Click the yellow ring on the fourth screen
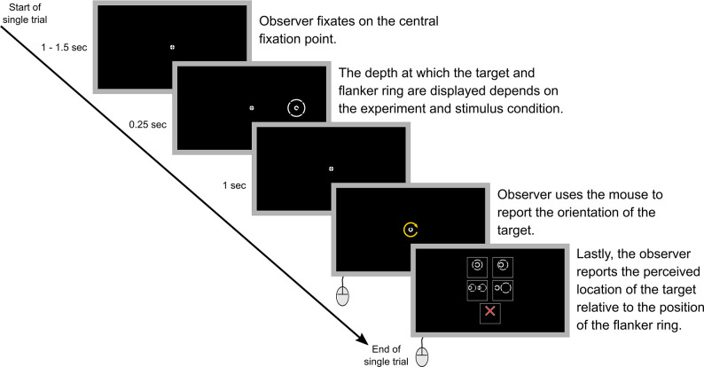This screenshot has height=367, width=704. [x=411, y=230]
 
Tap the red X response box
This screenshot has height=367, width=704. [x=489, y=312]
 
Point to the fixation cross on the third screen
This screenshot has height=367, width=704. [x=331, y=168]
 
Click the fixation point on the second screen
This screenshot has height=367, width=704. [x=252, y=108]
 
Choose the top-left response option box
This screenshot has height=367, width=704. [x=477, y=265]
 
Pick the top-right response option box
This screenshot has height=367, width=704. [x=503, y=265]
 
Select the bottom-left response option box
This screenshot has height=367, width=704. [x=477, y=288]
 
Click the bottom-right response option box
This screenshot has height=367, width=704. [x=503, y=288]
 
